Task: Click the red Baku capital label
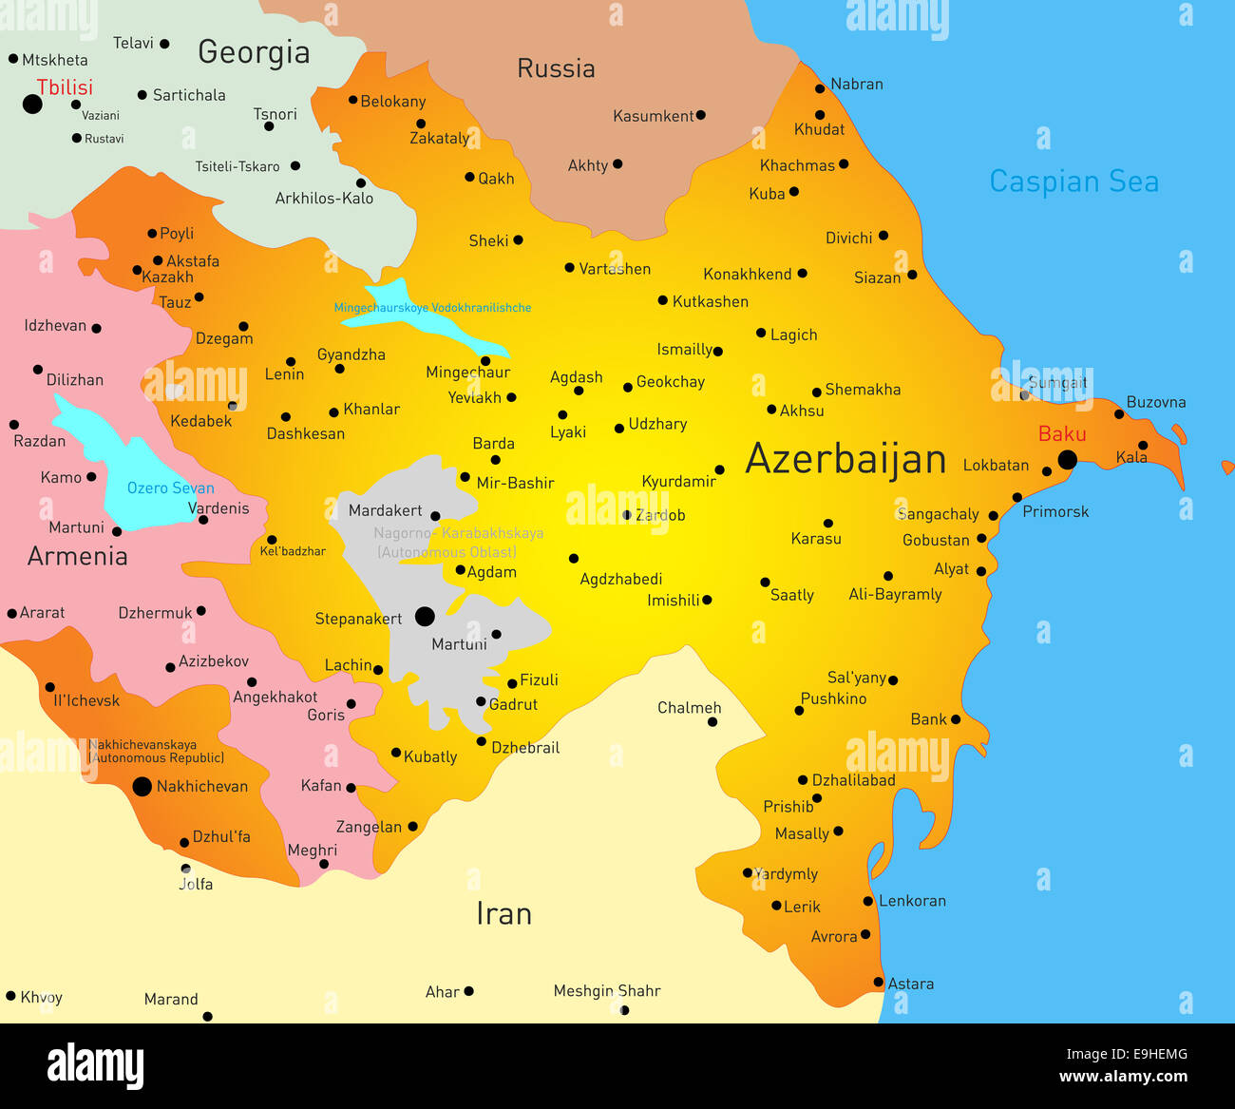(x=1061, y=434)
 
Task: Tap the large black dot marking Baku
(x=1067, y=460)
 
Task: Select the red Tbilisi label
(x=65, y=87)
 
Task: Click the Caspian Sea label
(x=1073, y=181)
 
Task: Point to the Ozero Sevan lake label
(x=170, y=488)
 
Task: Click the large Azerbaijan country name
(x=845, y=459)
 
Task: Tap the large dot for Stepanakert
(x=425, y=617)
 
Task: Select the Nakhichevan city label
(x=201, y=786)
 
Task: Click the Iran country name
(x=503, y=913)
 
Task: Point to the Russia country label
(x=556, y=68)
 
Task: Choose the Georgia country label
(x=254, y=52)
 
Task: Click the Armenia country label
(x=77, y=556)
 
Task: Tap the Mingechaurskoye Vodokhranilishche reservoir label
(x=432, y=308)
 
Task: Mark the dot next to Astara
(x=878, y=983)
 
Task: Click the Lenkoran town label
(x=912, y=901)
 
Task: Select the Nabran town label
(x=856, y=84)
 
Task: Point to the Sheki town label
(x=488, y=240)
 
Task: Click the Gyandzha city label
(x=351, y=354)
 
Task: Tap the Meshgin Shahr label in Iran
(x=606, y=990)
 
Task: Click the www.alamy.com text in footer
(x=1123, y=1077)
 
